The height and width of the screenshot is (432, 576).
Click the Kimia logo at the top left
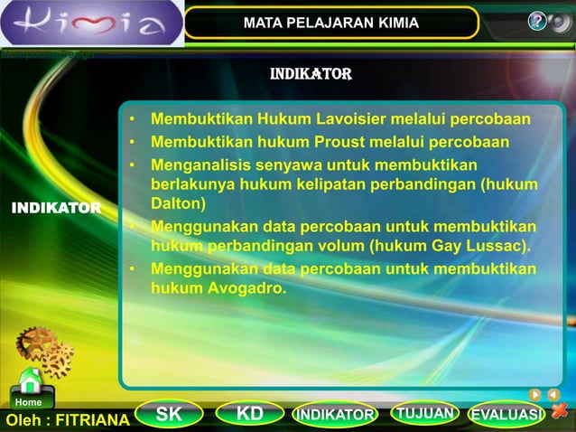(90, 23)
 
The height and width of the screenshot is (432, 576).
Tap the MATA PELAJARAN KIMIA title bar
(330, 23)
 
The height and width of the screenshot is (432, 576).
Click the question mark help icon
(538, 22)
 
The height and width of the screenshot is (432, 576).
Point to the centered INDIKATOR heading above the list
(311, 73)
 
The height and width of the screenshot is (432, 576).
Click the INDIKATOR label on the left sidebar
(56, 209)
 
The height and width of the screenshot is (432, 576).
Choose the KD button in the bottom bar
(250, 415)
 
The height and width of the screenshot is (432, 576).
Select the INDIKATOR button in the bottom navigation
(335, 416)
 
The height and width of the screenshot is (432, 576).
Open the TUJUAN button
(424, 414)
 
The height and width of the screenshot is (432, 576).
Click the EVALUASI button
(506, 416)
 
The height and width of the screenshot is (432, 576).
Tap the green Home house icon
(30, 382)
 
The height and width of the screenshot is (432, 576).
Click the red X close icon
(561, 413)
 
